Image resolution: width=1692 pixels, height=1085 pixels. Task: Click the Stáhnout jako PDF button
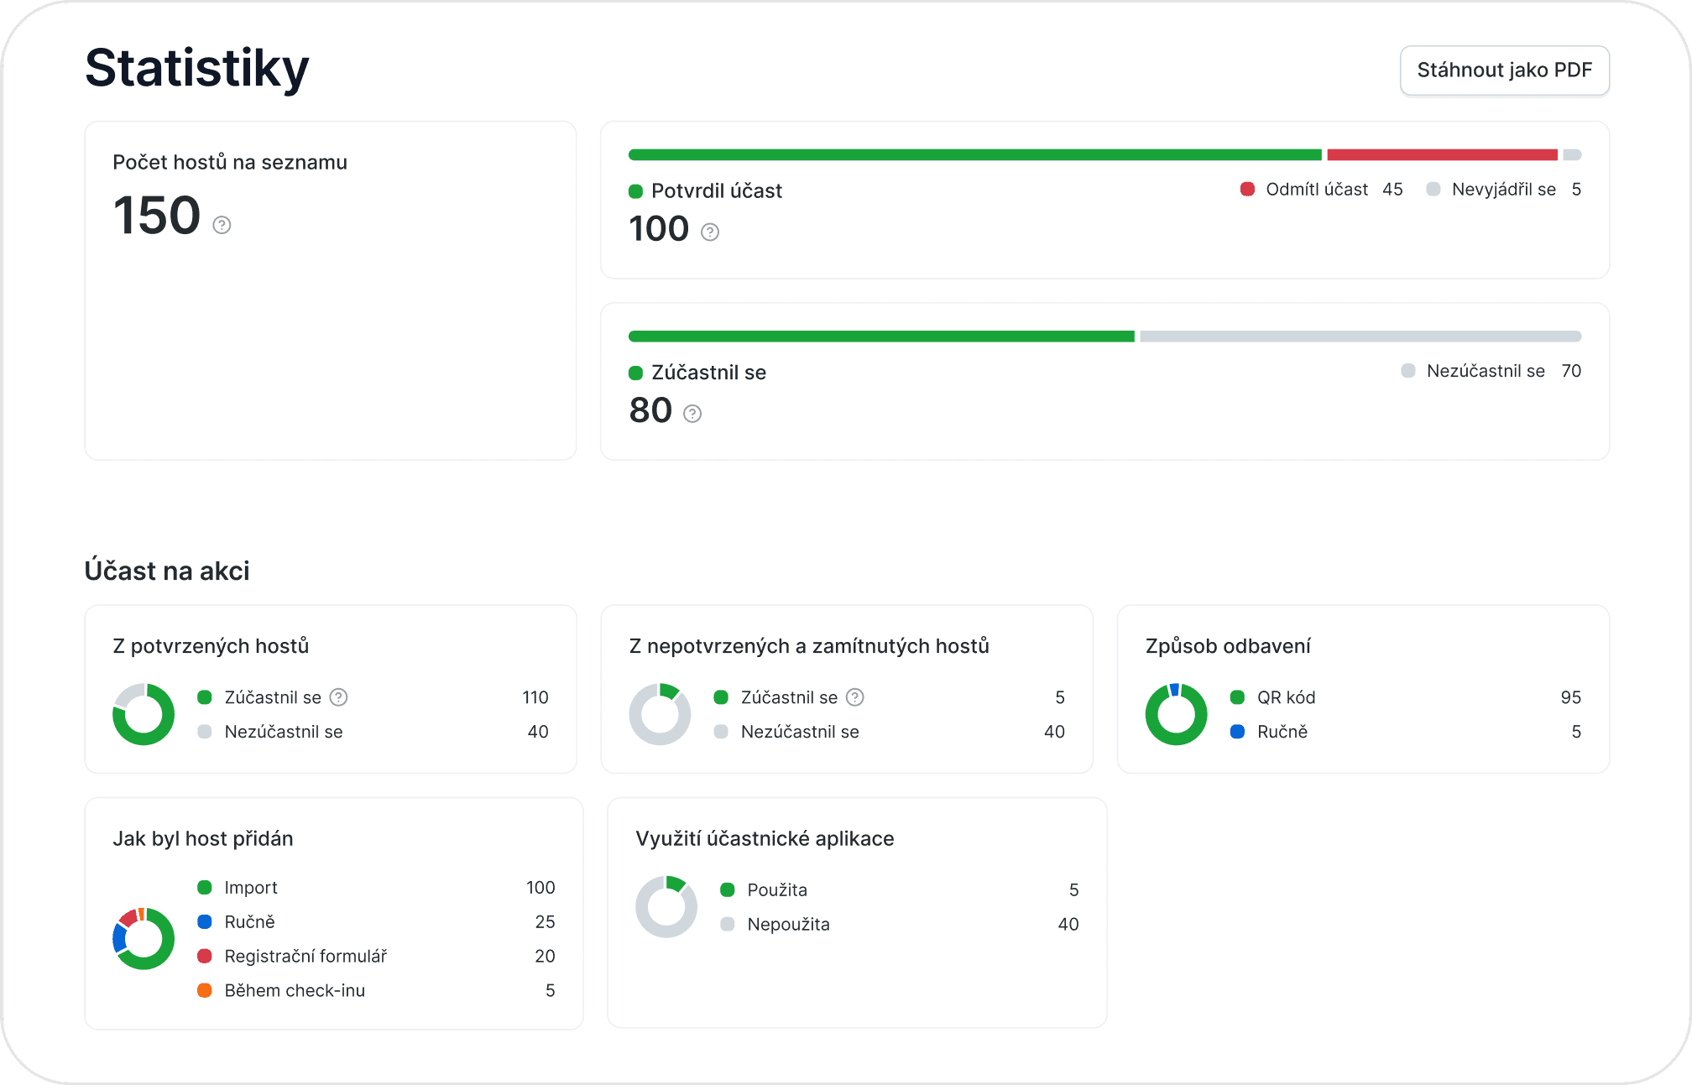tap(1504, 70)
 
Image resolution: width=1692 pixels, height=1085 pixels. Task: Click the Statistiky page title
tap(197, 68)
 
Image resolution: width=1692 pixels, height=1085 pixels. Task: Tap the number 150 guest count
tap(157, 215)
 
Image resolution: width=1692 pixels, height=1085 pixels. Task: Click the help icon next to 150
tap(222, 225)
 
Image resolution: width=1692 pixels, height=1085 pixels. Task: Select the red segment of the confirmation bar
tap(1442, 154)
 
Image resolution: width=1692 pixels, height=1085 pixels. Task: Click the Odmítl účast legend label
tap(1317, 190)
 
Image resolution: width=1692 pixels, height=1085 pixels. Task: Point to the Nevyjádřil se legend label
tap(1504, 190)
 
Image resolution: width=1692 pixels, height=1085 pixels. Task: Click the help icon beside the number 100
tap(710, 232)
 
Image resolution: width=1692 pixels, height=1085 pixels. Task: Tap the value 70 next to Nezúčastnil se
tap(1571, 371)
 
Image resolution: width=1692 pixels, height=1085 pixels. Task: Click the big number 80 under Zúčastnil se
tap(650, 410)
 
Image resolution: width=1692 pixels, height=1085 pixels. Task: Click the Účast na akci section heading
tap(167, 571)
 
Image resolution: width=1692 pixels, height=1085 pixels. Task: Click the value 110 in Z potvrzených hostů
tap(535, 697)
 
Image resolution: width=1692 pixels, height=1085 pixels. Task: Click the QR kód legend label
tap(1286, 697)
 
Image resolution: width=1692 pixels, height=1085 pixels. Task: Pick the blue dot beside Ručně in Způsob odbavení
tap(1237, 732)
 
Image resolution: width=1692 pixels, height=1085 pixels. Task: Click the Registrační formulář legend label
tap(305, 956)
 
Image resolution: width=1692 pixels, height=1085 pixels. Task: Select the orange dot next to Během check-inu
tap(205, 990)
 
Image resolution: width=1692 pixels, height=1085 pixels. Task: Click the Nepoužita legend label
tap(788, 924)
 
